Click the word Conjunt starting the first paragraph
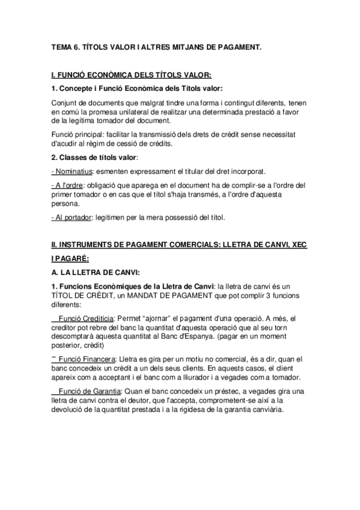pos(64,103)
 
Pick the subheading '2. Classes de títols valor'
pos(94,157)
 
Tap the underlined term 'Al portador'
pos(69,217)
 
